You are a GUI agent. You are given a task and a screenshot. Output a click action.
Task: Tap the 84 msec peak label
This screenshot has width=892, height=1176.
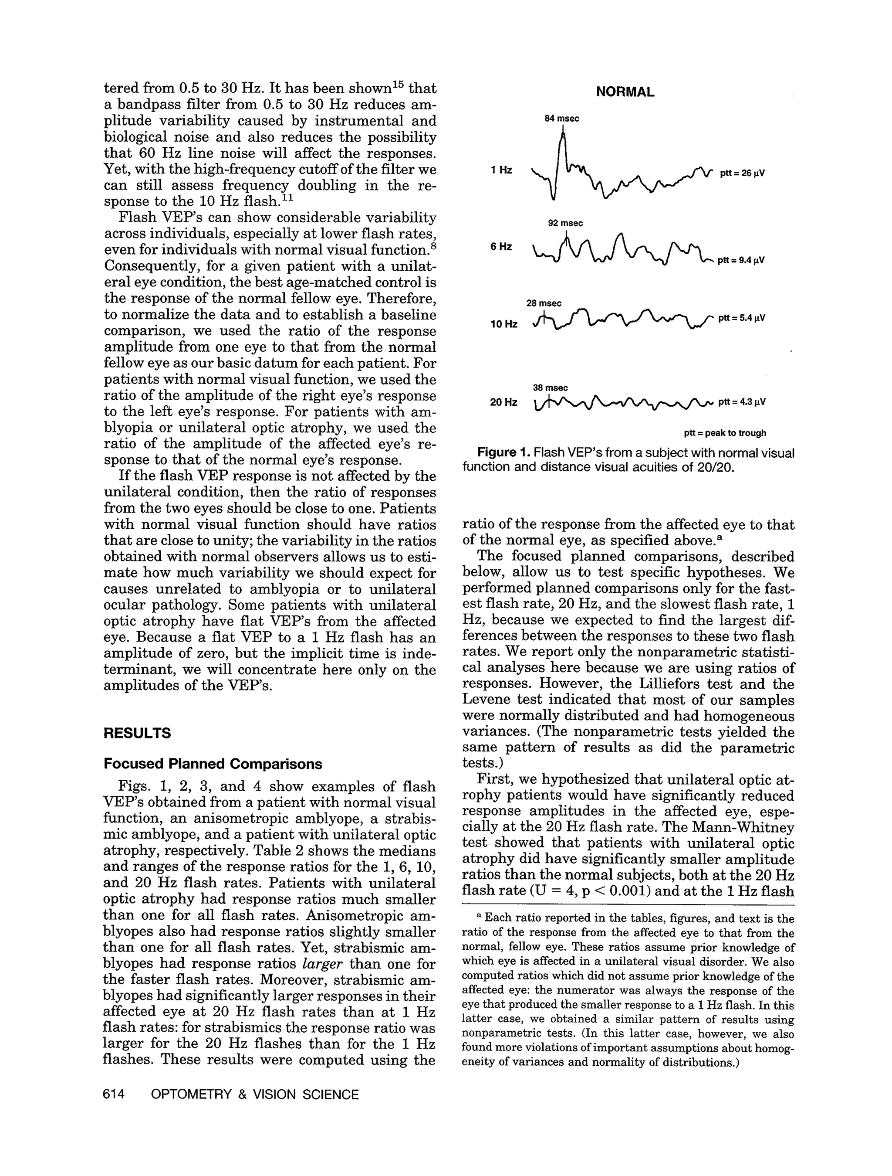click(561, 119)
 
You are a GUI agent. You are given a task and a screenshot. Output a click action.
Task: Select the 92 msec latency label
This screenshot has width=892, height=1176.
click(565, 223)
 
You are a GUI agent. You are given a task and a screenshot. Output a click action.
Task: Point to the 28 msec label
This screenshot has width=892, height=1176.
click(544, 303)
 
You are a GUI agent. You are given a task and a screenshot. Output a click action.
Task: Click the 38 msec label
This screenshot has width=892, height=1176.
click(550, 388)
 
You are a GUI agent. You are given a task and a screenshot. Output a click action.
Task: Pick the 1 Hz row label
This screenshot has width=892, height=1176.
click(501, 170)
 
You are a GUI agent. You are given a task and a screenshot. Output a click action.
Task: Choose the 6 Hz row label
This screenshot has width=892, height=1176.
click(501, 247)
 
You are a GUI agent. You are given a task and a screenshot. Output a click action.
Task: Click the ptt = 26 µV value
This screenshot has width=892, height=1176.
click(742, 173)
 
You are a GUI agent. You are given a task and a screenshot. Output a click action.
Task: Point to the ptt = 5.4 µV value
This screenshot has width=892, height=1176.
click(741, 319)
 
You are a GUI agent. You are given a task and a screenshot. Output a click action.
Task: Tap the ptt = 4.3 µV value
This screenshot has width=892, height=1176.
click(741, 402)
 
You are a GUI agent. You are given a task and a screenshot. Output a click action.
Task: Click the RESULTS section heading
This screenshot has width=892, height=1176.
click(137, 734)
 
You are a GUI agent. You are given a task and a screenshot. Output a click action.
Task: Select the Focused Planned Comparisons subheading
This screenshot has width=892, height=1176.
click(213, 764)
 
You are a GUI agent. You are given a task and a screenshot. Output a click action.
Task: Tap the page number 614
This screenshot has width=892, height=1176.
click(114, 1094)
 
